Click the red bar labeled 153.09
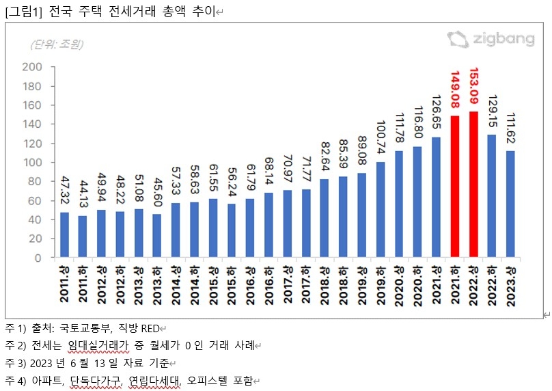tap(473, 185)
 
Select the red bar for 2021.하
tap(455, 187)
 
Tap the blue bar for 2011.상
tap(64, 235)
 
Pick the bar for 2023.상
tap(510, 204)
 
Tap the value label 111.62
tap(510, 130)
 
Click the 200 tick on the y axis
tap(32, 67)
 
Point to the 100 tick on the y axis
tap(32, 163)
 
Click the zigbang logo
tap(490, 39)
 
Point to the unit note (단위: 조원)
tap(56, 44)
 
